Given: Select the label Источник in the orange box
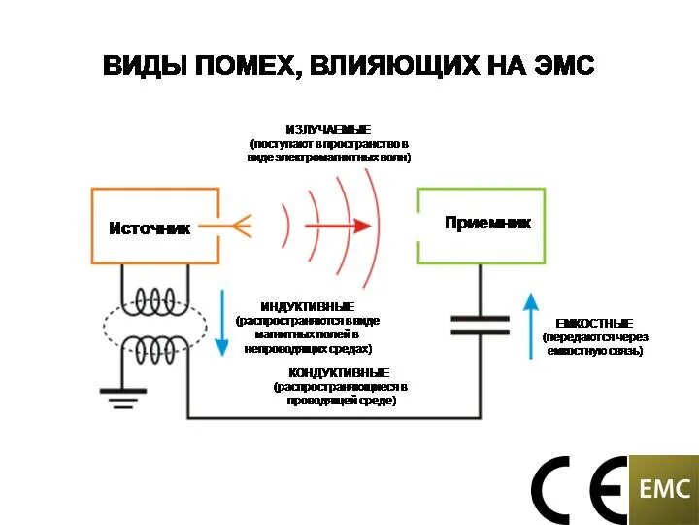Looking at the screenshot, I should point(149,228).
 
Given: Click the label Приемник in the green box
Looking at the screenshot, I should point(487,223).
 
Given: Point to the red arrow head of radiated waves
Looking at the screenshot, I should point(361,226).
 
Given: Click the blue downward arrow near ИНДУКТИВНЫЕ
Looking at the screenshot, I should point(221,320).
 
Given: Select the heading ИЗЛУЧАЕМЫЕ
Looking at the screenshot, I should point(328,129).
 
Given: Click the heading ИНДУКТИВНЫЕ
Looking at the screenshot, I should point(308,306).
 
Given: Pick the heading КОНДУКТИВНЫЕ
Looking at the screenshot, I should point(339,372).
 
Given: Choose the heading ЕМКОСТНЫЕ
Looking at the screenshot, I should point(594,323).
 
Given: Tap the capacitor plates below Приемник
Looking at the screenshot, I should point(480,325).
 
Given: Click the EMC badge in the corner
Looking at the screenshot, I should point(663,489).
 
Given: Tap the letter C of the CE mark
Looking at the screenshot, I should point(556,490).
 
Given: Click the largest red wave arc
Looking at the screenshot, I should point(379,224).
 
